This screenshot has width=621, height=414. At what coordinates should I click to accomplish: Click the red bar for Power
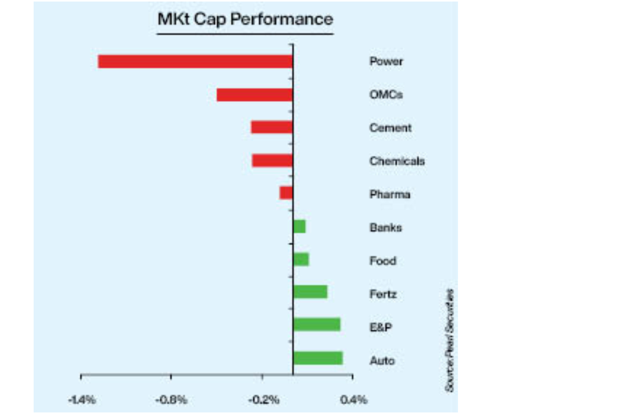click(195, 62)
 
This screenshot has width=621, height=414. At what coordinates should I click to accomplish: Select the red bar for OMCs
click(254, 95)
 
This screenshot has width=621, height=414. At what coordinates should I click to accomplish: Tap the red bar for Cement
click(272, 127)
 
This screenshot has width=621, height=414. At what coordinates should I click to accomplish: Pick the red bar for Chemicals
click(272, 161)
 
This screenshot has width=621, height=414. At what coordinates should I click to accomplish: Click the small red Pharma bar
click(286, 193)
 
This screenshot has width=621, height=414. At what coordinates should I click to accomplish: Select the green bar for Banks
click(299, 227)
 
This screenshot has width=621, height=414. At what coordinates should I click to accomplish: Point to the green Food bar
click(301, 259)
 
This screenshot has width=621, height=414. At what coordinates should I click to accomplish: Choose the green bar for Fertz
click(310, 292)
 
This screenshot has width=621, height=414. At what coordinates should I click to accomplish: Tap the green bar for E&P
click(317, 324)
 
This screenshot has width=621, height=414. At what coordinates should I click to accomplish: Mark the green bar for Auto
click(318, 358)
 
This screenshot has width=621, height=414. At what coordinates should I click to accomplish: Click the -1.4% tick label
click(81, 400)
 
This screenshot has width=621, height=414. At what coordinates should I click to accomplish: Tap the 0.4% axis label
click(353, 400)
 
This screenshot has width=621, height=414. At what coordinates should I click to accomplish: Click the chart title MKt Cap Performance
click(245, 20)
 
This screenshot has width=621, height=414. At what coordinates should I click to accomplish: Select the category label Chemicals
click(397, 161)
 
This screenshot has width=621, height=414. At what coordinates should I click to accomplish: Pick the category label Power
click(386, 62)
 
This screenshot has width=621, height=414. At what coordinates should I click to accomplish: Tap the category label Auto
click(382, 360)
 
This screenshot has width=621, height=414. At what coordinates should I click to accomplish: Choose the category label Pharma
click(390, 195)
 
